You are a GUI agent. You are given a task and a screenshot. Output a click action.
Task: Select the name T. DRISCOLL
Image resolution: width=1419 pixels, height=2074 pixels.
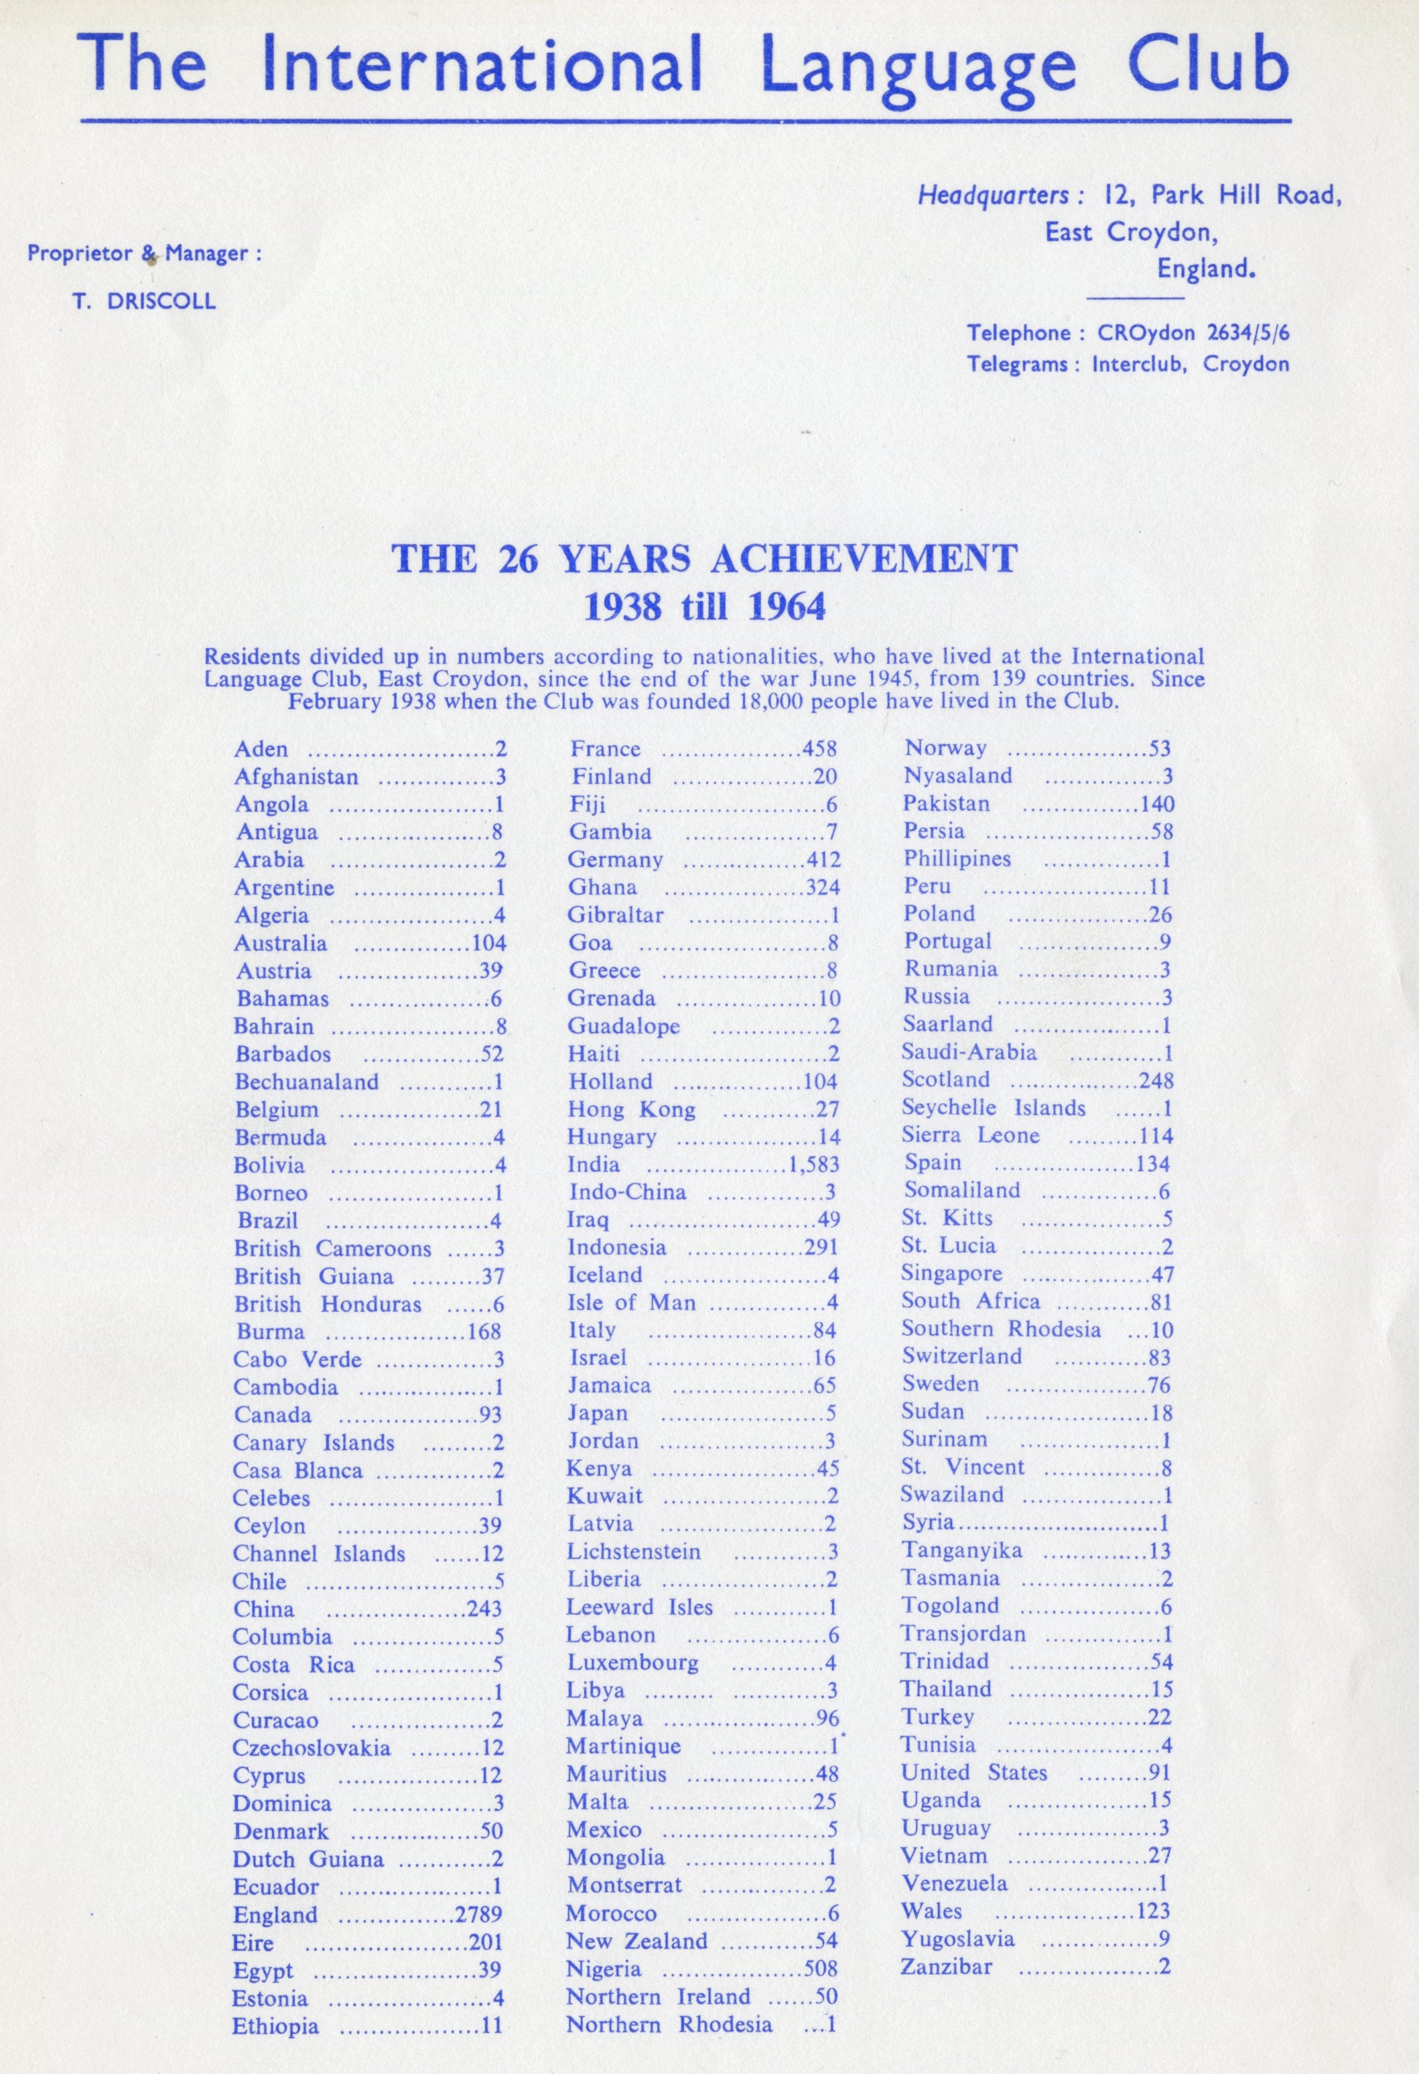point(143,301)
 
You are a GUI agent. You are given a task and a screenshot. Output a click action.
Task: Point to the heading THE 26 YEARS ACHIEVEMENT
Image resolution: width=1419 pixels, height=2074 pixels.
point(704,559)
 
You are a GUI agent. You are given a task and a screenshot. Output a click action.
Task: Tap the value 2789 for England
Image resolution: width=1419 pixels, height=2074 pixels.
point(478,1915)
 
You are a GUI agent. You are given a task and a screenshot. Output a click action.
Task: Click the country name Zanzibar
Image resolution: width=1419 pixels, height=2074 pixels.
point(946,1967)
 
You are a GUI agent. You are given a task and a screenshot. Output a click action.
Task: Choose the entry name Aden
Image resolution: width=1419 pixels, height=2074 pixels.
point(261,750)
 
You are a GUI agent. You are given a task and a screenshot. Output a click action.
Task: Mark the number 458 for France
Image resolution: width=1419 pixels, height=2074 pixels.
point(819,750)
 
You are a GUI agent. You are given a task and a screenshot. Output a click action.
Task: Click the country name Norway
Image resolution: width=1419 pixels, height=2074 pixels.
point(945,748)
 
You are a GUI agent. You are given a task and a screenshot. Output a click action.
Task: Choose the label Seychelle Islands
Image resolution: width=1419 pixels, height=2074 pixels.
point(994,1108)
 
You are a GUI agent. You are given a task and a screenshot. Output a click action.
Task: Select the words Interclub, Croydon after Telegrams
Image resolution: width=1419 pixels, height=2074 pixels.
point(1191,364)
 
